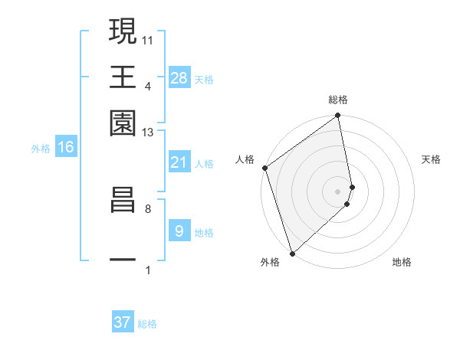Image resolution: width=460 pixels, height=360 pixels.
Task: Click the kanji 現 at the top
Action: click(123, 33)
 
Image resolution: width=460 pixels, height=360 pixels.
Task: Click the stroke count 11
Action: click(148, 40)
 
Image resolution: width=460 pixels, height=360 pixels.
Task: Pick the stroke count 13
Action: click(148, 133)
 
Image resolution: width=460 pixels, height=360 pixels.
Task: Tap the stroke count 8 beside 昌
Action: click(148, 208)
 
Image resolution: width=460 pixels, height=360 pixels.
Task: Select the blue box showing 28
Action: click(179, 78)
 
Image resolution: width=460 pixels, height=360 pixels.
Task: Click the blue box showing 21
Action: click(179, 162)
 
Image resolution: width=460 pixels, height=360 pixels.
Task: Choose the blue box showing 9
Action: click(179, 231)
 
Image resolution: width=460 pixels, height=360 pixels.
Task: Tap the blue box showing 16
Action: click(66, 147)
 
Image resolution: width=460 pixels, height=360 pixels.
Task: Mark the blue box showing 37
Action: click(123, 322)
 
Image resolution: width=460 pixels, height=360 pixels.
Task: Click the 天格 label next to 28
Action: click(204, 80)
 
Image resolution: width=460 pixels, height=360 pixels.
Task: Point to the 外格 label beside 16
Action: click(41, 149)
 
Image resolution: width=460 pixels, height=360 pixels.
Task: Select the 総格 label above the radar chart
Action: click(338, 100)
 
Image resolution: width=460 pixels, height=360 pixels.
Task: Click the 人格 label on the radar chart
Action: click(245, 159)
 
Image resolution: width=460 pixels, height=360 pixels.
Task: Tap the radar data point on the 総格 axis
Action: click(337, 116)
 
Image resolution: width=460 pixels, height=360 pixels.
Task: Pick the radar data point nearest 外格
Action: click(292, 253)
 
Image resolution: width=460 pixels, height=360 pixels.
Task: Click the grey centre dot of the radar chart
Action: click(337, 191)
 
